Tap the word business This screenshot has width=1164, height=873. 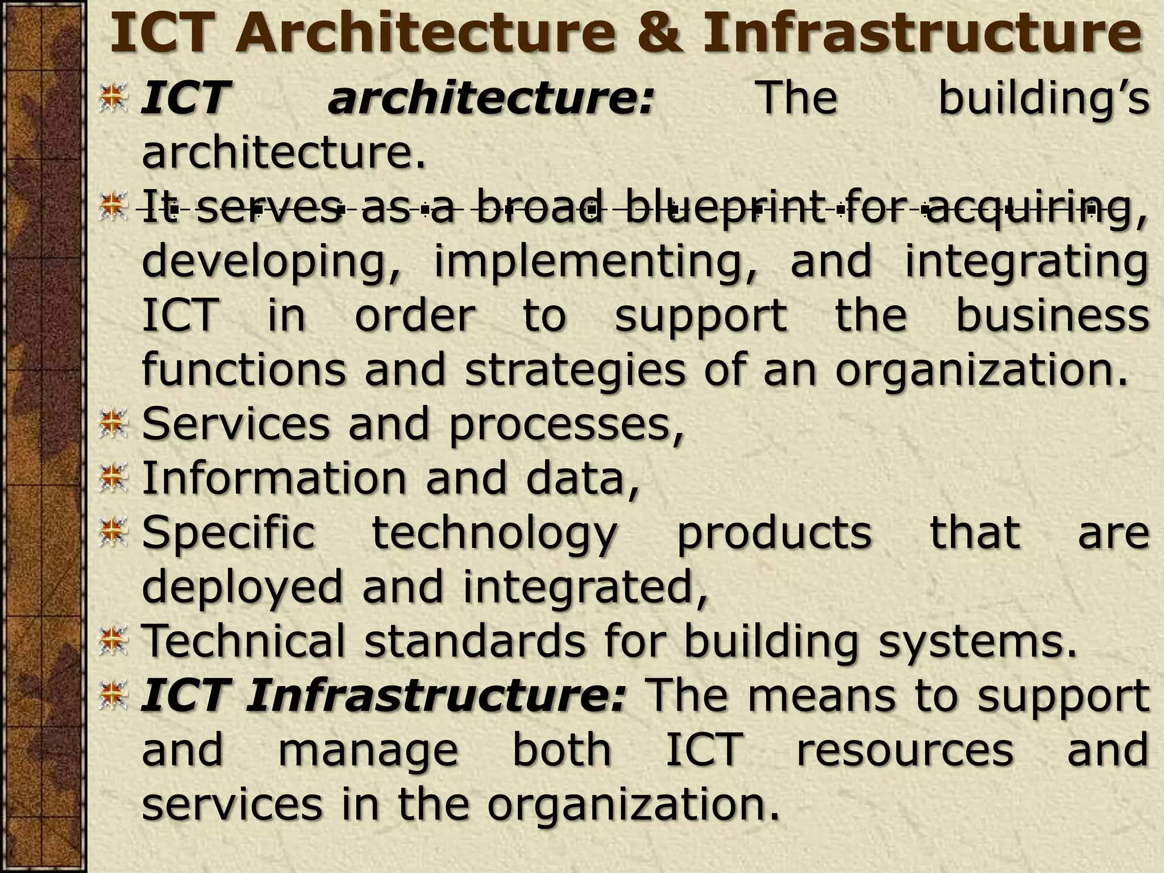click(1052, 315)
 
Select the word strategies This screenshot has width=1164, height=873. click(575, 369)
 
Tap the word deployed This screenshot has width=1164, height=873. click(242, 587)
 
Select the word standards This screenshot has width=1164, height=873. click(475, 641)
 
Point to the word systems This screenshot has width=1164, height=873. click(977, 641)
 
